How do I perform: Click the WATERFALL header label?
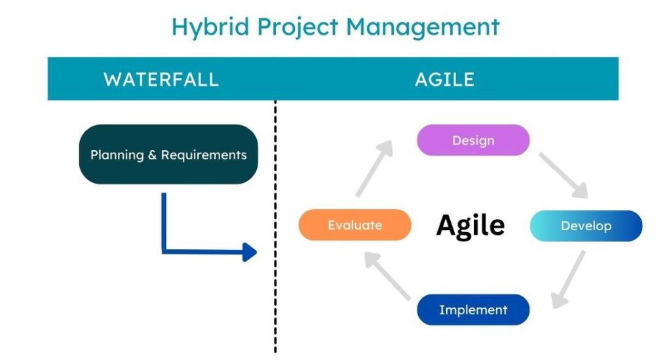[x=161, y=79]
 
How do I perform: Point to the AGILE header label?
[x=445, y=79]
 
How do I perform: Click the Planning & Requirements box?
[x=168, y=155]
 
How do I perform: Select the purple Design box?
[x=473, y=140]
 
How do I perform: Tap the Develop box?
[x=586, y=226]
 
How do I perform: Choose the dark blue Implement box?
[x=473, y=310]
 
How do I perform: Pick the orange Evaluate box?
[x=355, y=225]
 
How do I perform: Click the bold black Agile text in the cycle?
[x=470, y=226]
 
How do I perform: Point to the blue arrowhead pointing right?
[x=250, y=252]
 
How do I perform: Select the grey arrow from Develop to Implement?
[x=568, y=279]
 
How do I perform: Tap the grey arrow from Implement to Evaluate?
[x=388, y=275]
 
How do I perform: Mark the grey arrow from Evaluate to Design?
[x=374, y=169]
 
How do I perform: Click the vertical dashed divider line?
[x=275, y=227]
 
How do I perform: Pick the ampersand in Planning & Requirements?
[x=152, y=155]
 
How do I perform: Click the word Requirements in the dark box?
[x=204, y=155]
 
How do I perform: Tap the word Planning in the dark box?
[x=117, y=155]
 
